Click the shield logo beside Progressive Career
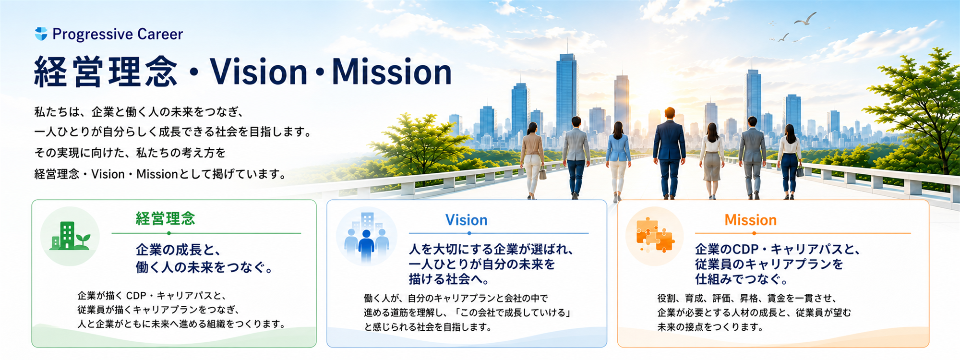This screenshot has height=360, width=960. tap(41, 34)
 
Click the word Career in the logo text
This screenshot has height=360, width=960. tap(160, 34)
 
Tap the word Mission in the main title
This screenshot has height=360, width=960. tap(392, 72)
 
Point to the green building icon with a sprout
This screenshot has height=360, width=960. tap(70, 236)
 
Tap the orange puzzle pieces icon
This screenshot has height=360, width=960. tap(655, 235)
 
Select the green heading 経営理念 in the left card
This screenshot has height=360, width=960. tap(165, 219)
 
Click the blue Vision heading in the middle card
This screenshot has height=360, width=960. tap(466, 220)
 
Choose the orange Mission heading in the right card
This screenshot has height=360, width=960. tap(750, 220)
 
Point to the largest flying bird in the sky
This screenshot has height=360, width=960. tap(805, 19)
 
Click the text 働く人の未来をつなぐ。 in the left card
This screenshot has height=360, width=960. tap(204, 267)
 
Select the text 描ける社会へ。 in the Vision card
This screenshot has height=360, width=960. tap(449, 279)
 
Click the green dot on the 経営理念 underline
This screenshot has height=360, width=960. tap(169, 233)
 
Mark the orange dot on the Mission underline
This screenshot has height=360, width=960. tap(754, 233)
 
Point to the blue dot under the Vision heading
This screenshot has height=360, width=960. tap(469, 233)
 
